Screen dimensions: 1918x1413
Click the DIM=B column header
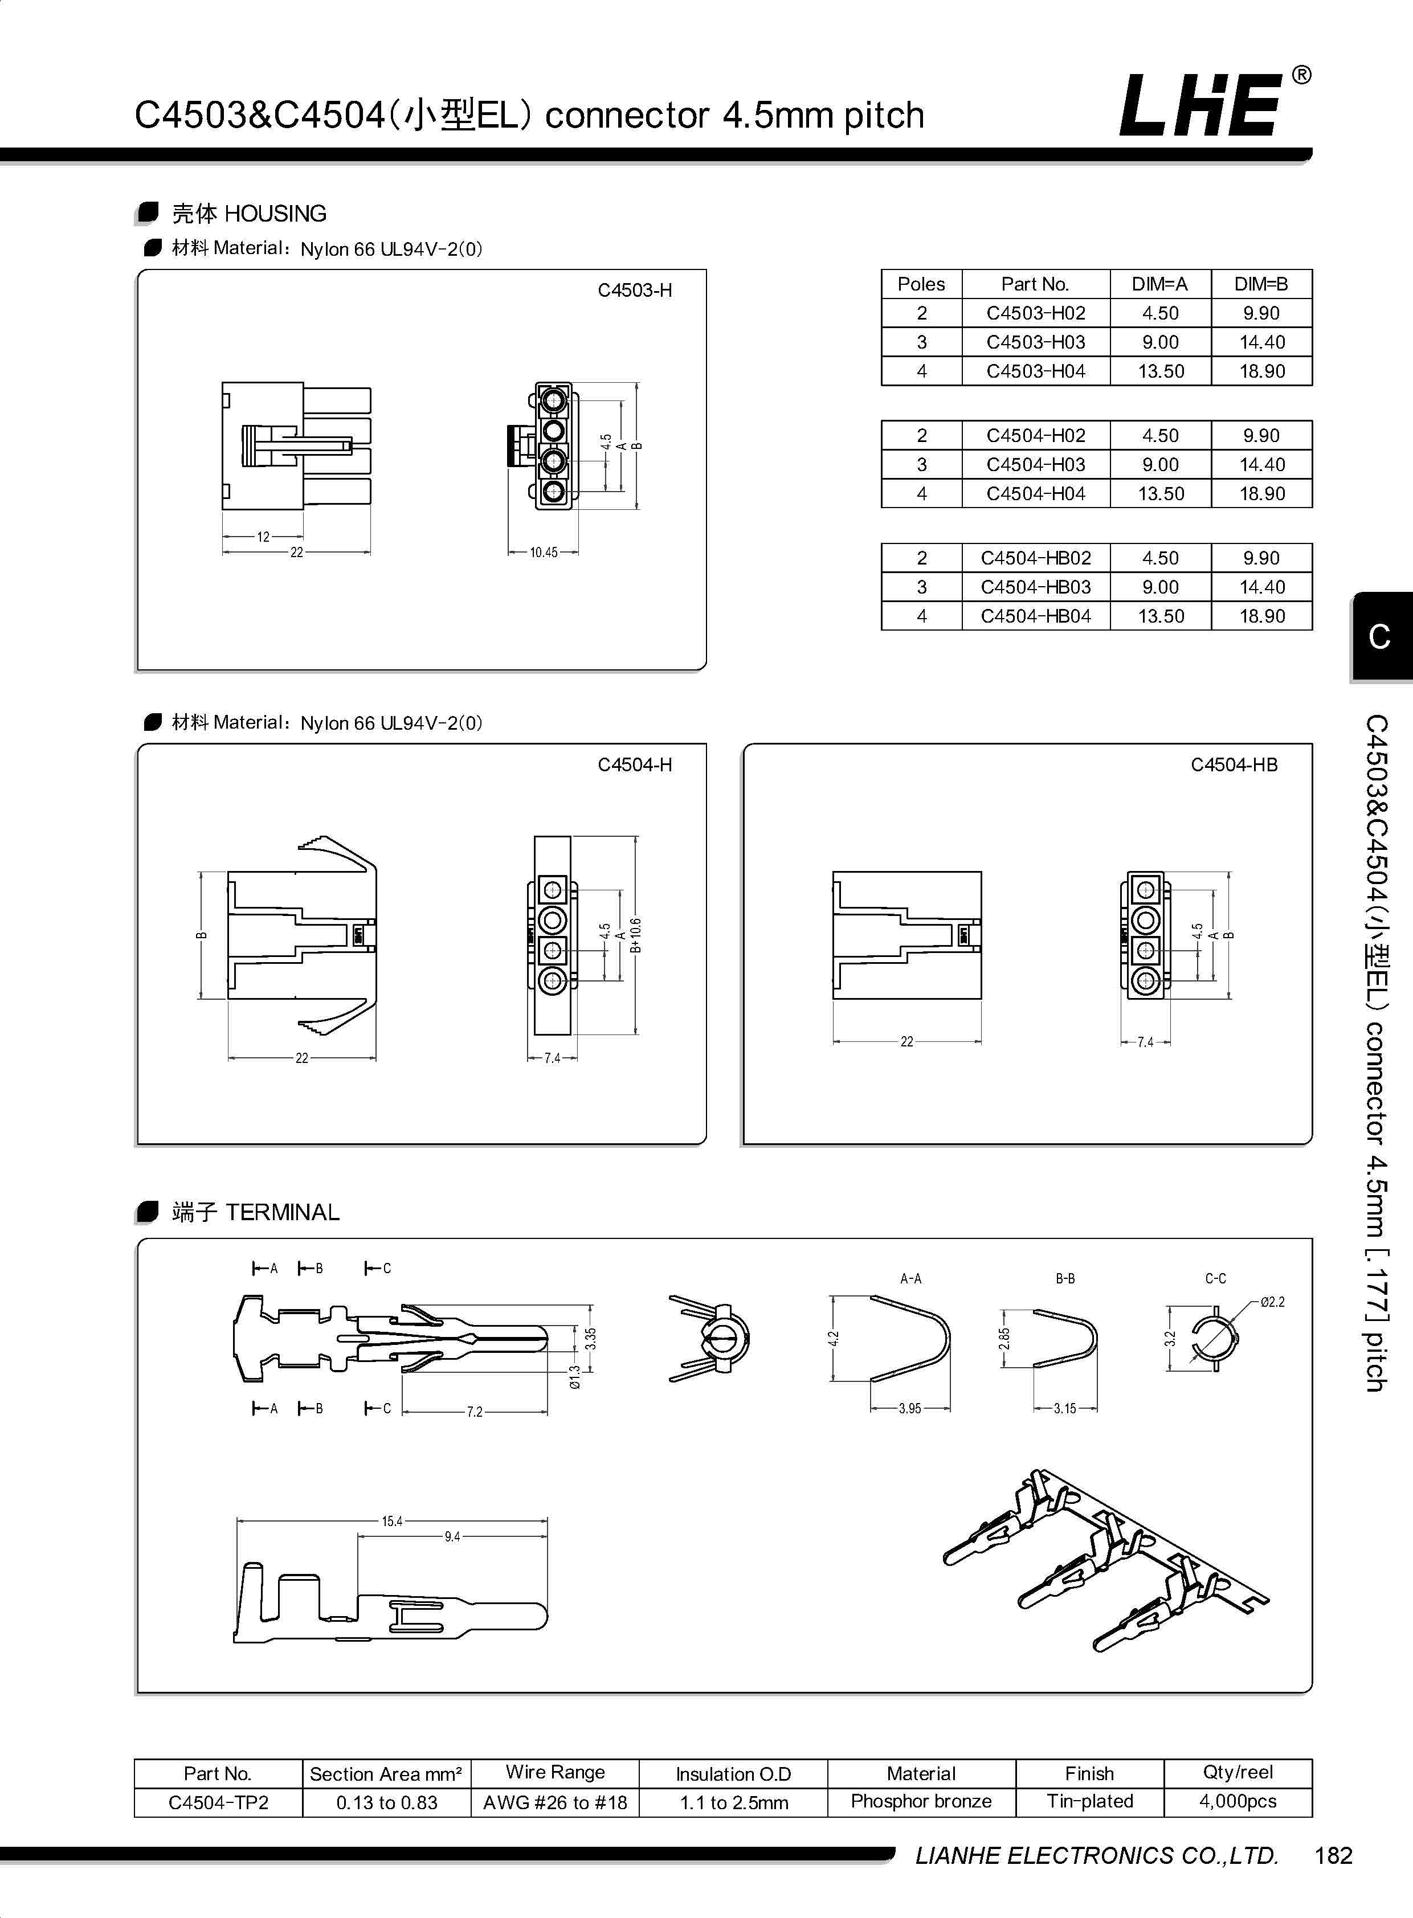[1261, 284]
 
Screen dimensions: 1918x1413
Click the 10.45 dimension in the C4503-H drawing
[543, 553]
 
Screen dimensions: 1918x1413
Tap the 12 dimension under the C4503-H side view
[263, 537]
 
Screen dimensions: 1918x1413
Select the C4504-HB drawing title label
[1234, 764]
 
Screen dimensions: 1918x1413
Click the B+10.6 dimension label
[635, 935]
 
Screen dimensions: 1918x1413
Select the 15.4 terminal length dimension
[392, 1521]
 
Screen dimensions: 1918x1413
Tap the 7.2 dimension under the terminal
[474, 1412]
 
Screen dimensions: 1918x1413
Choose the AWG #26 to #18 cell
[554, 1802]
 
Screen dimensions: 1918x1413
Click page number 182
[1333, 1855]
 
